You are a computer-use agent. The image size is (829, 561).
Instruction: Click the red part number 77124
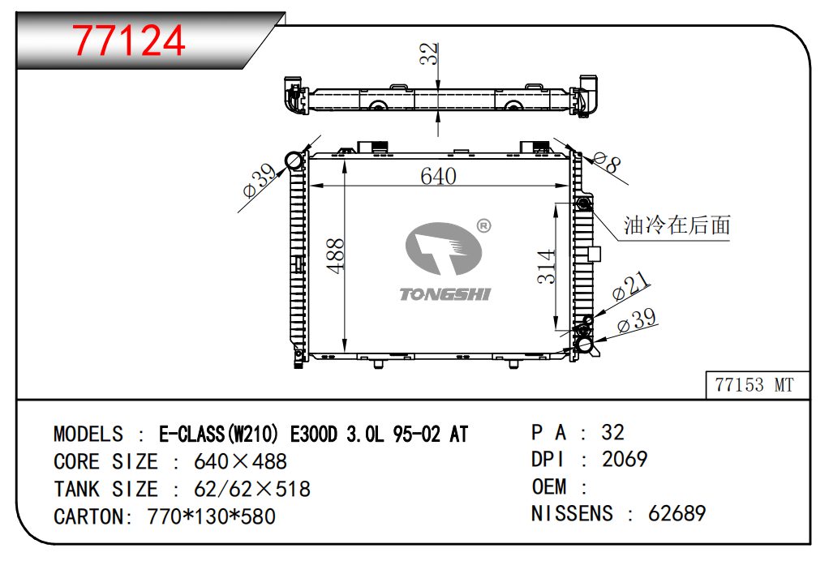point(128,41)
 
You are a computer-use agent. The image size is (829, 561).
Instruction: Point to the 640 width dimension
point(438,177)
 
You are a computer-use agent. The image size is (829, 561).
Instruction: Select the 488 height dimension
point(336,255)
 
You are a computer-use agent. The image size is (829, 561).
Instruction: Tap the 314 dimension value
point(546,267)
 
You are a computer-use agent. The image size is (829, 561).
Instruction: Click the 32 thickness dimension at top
point(429,54)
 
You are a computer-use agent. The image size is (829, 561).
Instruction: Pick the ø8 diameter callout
point(607,161)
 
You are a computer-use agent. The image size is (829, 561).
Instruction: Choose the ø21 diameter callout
point(631,286)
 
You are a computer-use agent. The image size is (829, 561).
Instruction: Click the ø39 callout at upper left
point(259,180)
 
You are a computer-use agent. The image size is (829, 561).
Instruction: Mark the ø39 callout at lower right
point(637,320)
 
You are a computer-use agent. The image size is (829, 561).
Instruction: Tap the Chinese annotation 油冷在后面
point(677,225)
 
